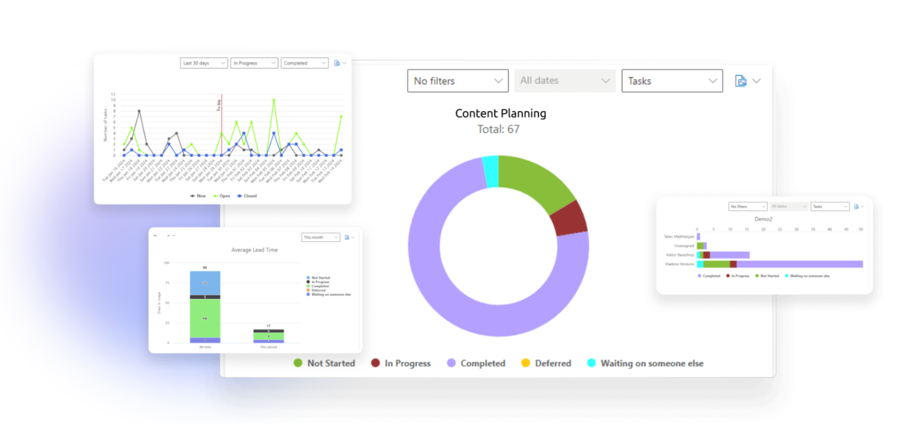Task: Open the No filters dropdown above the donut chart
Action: point(457,81)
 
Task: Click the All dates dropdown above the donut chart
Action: point(565,81)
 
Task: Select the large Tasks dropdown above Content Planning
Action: point(672,81)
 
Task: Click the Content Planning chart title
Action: point(501,113)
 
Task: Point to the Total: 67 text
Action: point(498,129)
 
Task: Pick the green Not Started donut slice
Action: point(536,183)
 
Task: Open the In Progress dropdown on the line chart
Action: point(254,63)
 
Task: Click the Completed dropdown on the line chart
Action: point(305,63)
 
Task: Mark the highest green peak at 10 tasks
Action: point(274,100)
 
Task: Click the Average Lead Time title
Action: point(254,250)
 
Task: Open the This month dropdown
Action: point(321,237)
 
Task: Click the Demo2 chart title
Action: point(763,219)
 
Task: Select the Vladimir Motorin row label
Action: point(679,264)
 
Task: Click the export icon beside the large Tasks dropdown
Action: point(741,81)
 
